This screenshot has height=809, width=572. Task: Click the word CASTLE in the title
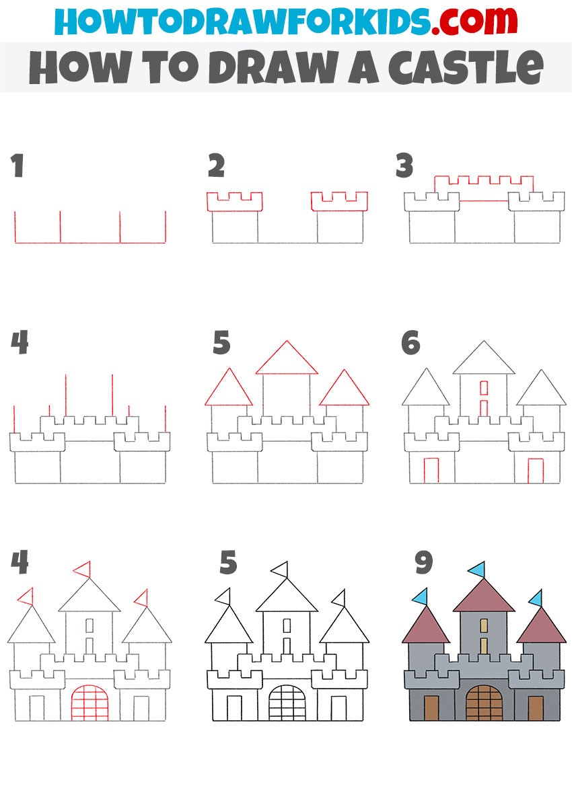pos(466,67)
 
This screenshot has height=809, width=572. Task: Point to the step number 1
pos(17,165)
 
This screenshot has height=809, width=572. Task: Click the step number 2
pos(216,165)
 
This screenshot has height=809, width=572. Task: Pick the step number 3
pos(404,165)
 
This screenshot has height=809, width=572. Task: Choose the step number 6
pos(410,342)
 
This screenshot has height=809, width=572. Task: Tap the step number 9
pos(424,562)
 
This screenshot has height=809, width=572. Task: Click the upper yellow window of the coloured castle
pos(484,626)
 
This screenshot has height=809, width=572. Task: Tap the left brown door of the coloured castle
pos(431,708)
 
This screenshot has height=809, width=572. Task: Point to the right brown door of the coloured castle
pos(536,708)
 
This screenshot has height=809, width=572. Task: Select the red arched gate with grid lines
pos(90,703)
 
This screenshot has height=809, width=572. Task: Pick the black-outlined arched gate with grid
pos(287,703)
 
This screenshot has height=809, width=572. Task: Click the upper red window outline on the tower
pos(484,387)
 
